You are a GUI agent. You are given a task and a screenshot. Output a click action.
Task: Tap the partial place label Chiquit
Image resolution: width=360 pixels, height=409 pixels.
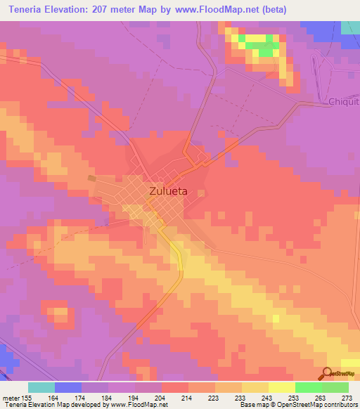(344, 102)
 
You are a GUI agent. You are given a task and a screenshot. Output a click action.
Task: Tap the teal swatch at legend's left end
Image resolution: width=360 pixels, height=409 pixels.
(41, 387)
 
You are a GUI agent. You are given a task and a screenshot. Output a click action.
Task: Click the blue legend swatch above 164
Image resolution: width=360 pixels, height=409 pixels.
(68, 387)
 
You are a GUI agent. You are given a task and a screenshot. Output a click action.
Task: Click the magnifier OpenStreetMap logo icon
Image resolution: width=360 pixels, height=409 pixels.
(326, 373)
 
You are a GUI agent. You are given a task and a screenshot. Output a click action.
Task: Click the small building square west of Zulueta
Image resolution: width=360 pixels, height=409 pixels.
(91, 178)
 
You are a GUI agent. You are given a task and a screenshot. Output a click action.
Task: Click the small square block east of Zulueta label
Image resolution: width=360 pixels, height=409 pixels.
(201, 193)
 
